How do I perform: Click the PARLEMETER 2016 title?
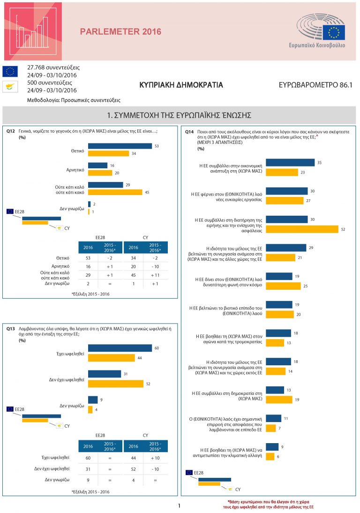[x=120, y=32]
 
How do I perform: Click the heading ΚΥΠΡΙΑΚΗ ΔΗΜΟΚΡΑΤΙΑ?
[x=181, y=85]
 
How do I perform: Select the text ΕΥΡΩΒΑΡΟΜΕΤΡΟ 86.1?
[x=315, y=86]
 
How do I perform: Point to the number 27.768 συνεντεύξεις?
[x=53, y=67]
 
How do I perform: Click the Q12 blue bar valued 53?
[x=120, y=146]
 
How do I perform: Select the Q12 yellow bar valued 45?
[x=115, y=192]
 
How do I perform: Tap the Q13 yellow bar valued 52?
[x=116, y=384]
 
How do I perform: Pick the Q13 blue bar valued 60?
[x=120, y=348]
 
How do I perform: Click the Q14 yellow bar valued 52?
[x=302, y=229]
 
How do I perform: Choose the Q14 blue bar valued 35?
[x=290, y=162]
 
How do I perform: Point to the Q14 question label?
[x=189, y=132]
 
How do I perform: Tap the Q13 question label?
[x=11, y=329]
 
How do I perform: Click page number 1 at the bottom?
[x=179, y=505]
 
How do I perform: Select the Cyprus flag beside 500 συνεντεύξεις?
[x=10, y=86]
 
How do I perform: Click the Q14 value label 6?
[x=278, y=456]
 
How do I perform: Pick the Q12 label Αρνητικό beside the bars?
[x=75, y=169]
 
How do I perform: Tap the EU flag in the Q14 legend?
[x=189, y=473]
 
